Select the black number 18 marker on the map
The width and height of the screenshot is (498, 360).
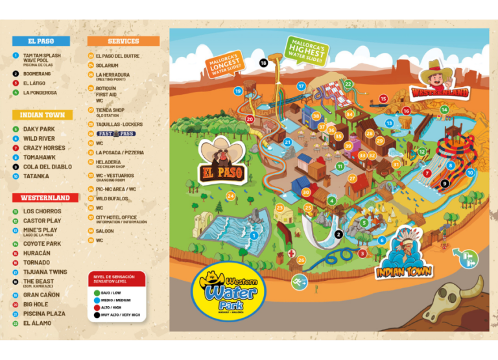(x=263, y=63)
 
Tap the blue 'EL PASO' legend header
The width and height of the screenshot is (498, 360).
(x=40, y=41)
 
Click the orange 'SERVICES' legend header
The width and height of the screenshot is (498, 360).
(x=123, y=41)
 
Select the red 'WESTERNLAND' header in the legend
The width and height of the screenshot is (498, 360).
(x=45, y=197)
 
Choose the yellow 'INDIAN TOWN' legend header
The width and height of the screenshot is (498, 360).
(x=41, y=115)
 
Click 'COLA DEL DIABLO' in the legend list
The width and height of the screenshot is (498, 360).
(x=47, y=167)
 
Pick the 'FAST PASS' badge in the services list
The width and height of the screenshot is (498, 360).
(x=115, y=134)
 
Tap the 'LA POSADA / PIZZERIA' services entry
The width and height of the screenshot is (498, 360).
(x=119, y=152)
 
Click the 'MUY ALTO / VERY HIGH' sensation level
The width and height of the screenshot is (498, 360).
(x=120, y=315)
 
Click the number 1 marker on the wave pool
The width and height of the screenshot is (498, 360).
(x=255, y=235)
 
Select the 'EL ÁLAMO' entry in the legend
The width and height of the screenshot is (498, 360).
(x=37, y=323)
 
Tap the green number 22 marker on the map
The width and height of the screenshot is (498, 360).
(x=348, y=84)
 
